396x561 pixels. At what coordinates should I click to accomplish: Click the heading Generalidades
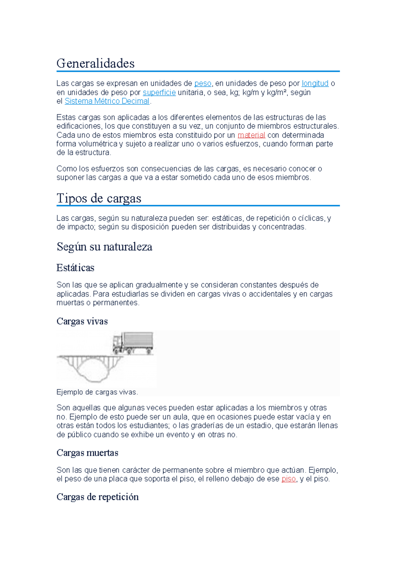[x=95, y=63]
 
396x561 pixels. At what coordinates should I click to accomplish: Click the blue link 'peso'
[x=203, y=83]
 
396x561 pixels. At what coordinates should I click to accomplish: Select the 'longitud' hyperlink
[x=315, y=83]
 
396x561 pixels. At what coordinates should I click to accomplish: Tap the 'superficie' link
[x=159, y=92]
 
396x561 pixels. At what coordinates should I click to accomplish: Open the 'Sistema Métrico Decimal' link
[x=107, y=101]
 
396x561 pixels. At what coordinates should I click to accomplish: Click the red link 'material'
[x=251, y=135]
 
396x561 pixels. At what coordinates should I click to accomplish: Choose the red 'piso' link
[x=288, y=479]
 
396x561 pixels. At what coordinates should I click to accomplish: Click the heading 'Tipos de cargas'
[x=99, y=198]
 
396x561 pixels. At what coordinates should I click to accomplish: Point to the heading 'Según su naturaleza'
[x=104, y=246]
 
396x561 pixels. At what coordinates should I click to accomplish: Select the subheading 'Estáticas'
[x=75, y=267]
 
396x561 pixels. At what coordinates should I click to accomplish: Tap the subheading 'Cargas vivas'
[x=82, y=321]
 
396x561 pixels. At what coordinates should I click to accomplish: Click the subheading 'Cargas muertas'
[x=87, y=453]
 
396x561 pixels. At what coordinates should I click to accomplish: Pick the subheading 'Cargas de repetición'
[x=97, y=497]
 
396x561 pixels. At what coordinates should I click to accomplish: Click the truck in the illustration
[x=133, y=343]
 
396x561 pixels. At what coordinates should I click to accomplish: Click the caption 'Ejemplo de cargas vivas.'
[x=97, y=392]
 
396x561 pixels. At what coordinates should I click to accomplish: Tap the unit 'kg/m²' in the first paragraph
[x=277, y=92]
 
